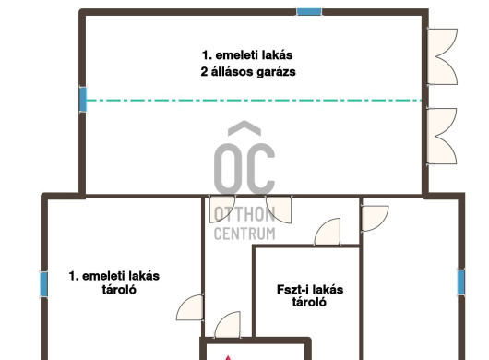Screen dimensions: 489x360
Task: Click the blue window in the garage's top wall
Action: (x=309, y=12)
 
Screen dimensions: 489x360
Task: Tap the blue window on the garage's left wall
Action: (x=83, y=100)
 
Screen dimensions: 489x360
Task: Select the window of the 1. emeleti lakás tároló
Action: (x=44, y=284)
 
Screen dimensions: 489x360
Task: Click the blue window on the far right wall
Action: (x=461, y=282)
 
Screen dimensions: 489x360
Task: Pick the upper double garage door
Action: (x=442, y=56)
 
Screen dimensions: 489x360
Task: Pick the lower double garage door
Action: (x=442, y=136)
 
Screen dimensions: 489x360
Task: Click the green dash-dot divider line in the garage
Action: (x=254, y=101)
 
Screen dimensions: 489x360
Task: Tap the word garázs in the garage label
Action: (x=276, y=72)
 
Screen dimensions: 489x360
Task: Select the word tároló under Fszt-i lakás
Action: (x=309, y=302)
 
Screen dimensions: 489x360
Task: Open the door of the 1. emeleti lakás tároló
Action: (x=190, y=307)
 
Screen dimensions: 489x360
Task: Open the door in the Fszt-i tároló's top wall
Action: (x=328, y=232)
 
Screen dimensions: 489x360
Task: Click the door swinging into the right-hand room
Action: (x=375, y=218)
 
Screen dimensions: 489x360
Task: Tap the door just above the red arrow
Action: (x=228, y=325)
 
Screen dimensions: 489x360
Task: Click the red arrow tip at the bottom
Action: (x=228, y=356)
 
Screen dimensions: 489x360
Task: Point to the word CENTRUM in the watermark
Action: (x=244, y=234)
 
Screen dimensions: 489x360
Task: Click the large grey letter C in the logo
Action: (x=259, y=168)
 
